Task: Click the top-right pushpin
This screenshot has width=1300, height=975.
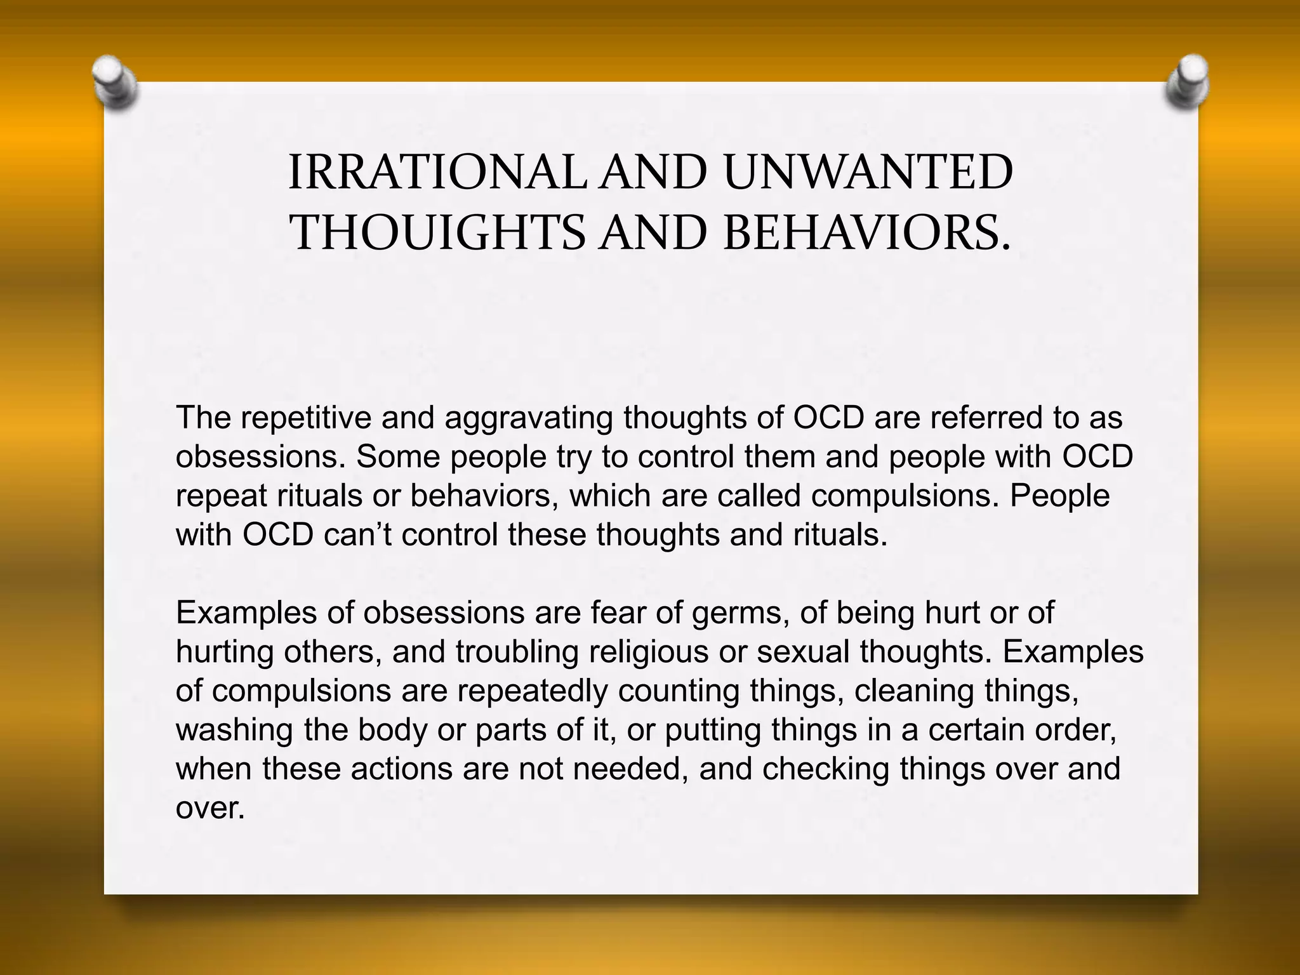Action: (1188, 83)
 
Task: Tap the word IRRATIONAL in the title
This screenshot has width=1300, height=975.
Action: (437, 173)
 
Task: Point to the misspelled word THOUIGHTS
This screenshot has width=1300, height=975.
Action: (438, 232)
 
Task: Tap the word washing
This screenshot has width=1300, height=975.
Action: (234, 731)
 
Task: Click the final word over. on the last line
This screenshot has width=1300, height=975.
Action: (210, 809)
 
